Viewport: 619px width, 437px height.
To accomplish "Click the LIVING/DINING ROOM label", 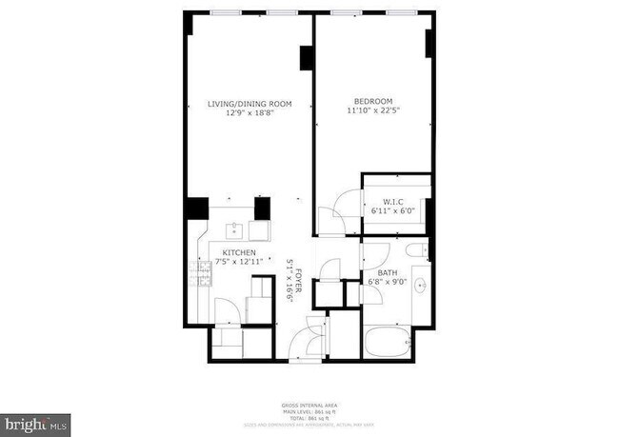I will click(x=250, y=103).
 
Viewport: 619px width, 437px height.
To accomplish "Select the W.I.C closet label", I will click(x=393, y=201).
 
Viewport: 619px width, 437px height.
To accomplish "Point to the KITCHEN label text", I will click(x=232, y=252).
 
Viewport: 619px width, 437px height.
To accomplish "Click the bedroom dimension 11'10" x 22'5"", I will click(x=372, y=109).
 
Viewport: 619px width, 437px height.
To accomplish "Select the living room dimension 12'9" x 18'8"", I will click(x=250, y=112).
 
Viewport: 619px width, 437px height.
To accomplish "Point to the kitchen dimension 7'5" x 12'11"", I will click(x=233, y=262).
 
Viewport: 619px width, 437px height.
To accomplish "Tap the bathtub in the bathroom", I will click(x=387, y=341).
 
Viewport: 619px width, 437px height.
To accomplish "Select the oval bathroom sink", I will click(x=419, y=289).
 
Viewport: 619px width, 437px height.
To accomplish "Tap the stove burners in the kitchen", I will click(x=201, y=275).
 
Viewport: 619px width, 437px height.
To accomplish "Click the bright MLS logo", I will click(x=36, y=421).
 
